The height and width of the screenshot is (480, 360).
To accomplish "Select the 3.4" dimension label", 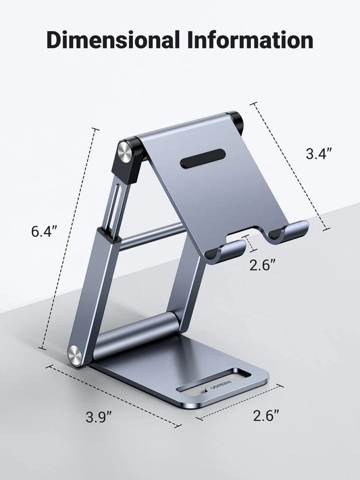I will pyautogui.click(x=319, y=154).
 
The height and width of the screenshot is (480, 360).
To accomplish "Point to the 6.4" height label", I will pyautogui.click(x=45, y=231).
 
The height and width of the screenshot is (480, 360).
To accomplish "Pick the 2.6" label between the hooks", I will pyautogui.click(x=263, y=265).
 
